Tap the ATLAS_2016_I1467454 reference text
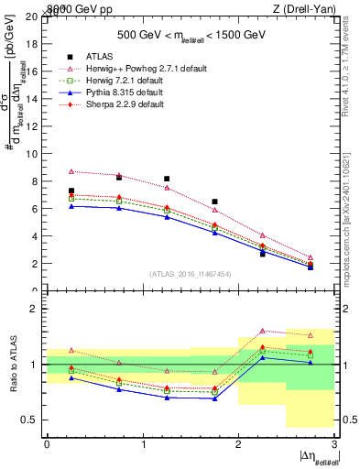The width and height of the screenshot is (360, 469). pyautogui.click(x=189, y=274)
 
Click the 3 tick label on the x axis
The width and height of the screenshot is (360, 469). pyautogui.click(x=334, y=443)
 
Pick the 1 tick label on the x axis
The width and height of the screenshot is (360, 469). pyautogui.click(x=143, y=443)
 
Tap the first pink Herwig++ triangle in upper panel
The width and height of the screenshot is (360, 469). pyautogui.click(x=71, y=171)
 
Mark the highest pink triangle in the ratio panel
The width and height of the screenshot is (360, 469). pyautogui.click(x=262, y=331)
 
